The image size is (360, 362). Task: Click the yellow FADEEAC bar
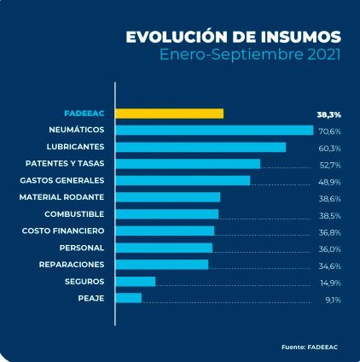tap(170, 114)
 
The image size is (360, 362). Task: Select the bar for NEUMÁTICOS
tap(214, 130)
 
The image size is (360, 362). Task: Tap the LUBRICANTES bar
tap(200, 147)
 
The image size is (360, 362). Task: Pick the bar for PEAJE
tap(129, 298)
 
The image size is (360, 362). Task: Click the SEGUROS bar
tap(136, 281)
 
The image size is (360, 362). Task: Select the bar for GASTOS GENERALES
tap(183, 180)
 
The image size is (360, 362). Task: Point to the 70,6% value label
tap(329, 131)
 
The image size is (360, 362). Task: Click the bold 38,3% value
tap(328, 114)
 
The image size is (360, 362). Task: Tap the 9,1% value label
tap(333, 300)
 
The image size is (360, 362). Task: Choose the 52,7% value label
tap(329, 165)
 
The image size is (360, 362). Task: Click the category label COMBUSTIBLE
tap(74, 213)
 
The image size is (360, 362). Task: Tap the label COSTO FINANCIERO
tap(64, 231)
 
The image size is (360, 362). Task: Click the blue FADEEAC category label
tap(84, 113)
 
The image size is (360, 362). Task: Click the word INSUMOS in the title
tap(297, 37)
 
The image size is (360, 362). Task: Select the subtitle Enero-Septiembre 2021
tap(251, 55)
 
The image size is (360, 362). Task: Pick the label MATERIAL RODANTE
tap(61, 196)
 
